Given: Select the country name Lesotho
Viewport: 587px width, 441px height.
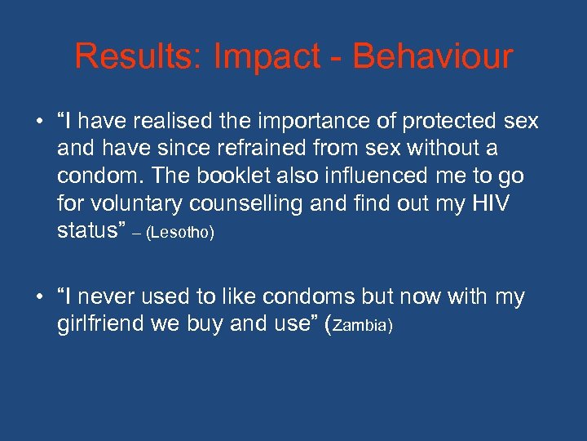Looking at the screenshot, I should click(179, 233).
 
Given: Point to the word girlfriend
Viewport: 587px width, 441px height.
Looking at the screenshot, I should click(102, 324).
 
